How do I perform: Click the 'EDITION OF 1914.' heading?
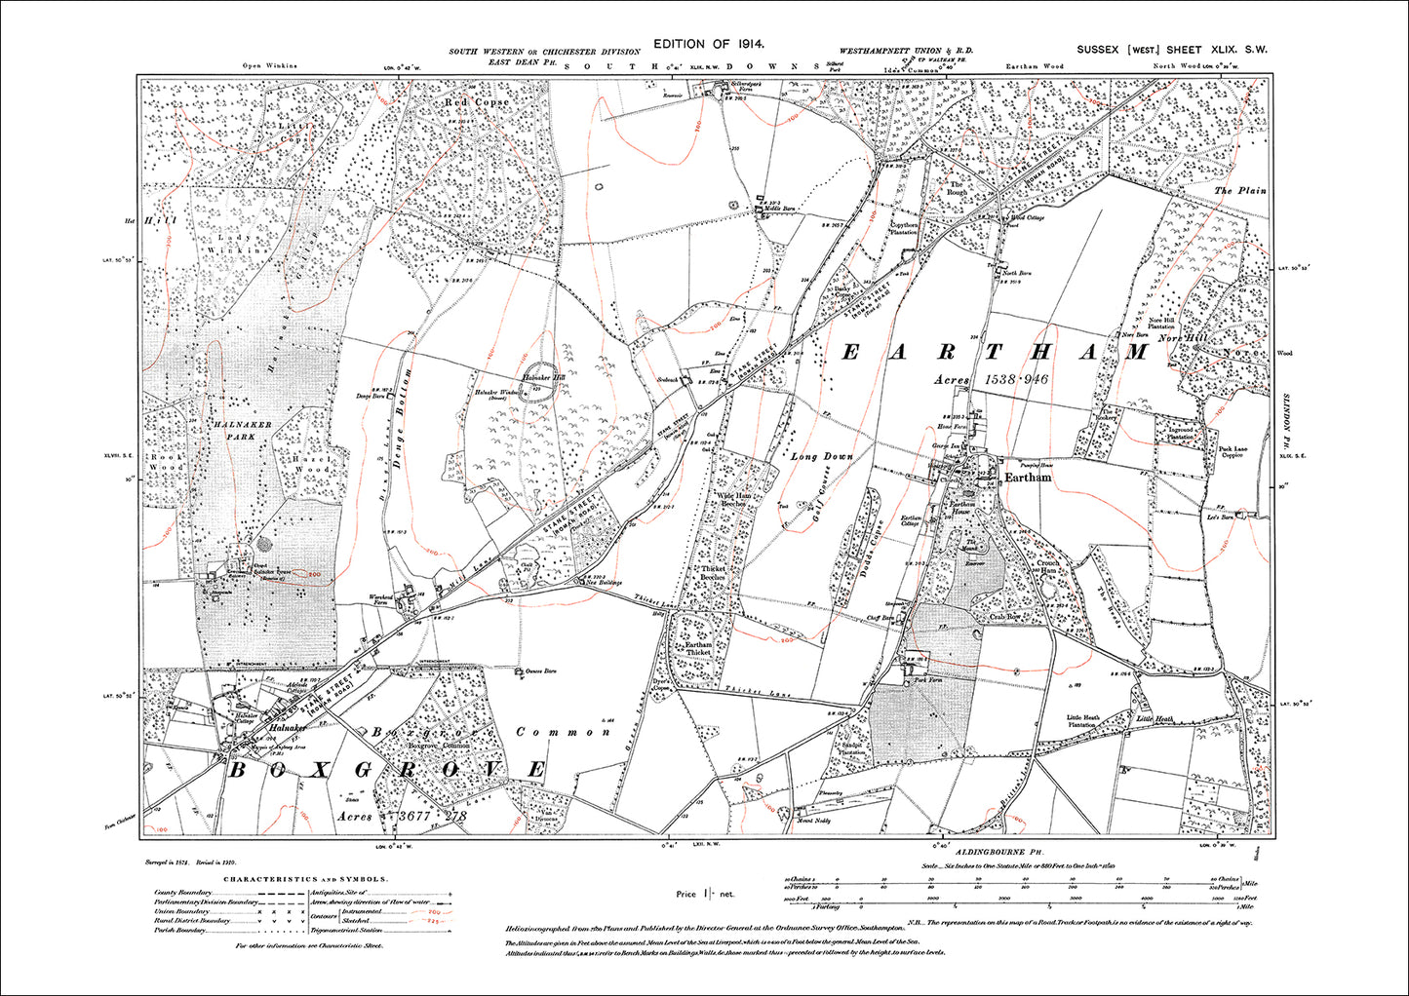[x=709, y=44]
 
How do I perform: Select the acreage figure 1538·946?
[x=1015, y=379]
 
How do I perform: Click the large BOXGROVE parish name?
[x=387, y=770]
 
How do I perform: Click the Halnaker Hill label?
[x=544, y=376]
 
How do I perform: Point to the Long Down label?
[x=822, y=456]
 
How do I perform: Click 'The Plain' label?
[x=1240, y=190]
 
